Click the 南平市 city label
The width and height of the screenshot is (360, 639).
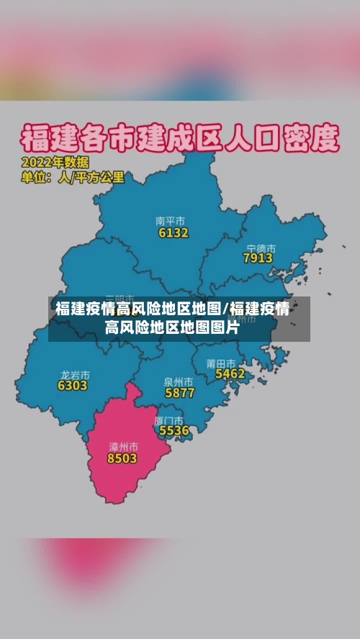coord(171,221)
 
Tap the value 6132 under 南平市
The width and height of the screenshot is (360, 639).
coord(174,232)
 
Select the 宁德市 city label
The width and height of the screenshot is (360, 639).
coord(261,247)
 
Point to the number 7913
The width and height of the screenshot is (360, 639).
coord(258,258)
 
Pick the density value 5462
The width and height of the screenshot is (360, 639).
coord(230,373)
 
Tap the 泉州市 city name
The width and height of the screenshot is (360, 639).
coord(179,381)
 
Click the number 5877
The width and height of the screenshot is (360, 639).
coord(180,393)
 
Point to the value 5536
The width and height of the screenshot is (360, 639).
coord(174,430)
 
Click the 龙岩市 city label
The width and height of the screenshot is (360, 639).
coord(75,375)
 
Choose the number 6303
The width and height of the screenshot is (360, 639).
coord(73,386)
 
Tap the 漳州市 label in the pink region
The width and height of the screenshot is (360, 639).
coord(122,447)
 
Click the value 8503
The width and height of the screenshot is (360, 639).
coord(122,458)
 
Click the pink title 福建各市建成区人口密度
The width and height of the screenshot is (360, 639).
coord(179,136)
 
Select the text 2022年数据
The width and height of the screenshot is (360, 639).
coord(55,162)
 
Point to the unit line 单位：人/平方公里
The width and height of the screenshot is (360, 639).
coord(73,176)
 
